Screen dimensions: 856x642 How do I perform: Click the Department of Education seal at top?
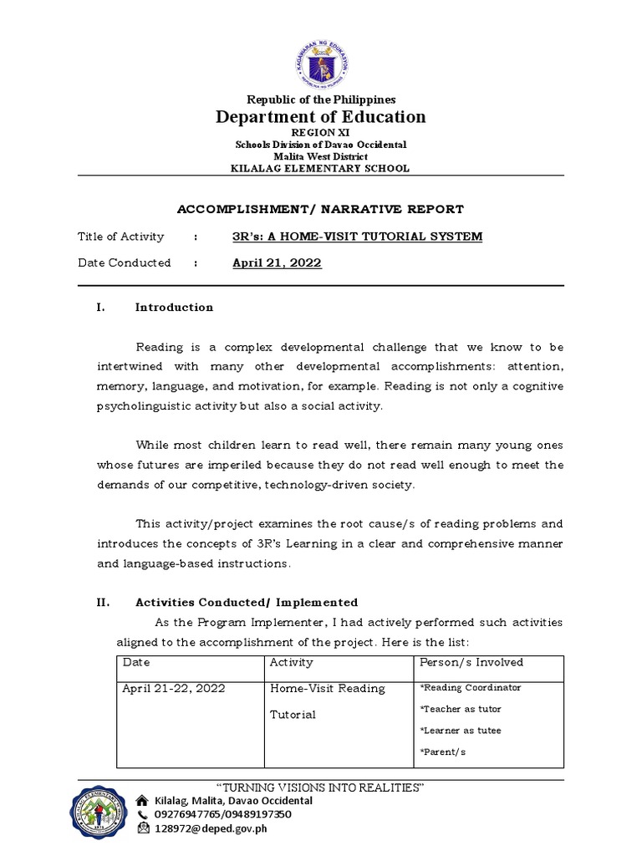321,61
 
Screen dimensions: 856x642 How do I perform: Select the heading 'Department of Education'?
321,117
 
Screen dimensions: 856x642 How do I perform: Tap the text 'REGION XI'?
321,132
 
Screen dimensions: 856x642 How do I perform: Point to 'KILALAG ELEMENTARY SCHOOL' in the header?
321,168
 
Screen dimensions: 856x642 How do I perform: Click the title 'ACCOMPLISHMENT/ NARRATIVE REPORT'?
321,209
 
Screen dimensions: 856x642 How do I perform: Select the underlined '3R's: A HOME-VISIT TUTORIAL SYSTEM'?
357,237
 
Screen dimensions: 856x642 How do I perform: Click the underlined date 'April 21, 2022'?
277,262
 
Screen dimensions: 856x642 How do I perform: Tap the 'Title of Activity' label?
121,237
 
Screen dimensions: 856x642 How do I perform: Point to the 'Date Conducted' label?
125,262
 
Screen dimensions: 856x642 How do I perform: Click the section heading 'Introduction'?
174,307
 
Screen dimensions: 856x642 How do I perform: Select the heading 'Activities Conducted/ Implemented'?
247,602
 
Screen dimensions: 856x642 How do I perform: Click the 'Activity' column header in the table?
292,662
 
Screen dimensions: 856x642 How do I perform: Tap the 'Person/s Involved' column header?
471,662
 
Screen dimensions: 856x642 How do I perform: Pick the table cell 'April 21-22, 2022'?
173,689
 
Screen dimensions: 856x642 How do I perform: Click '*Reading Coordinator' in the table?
470,687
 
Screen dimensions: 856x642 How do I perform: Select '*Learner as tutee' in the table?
460,731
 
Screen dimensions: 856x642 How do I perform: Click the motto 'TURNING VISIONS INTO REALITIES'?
321,788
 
